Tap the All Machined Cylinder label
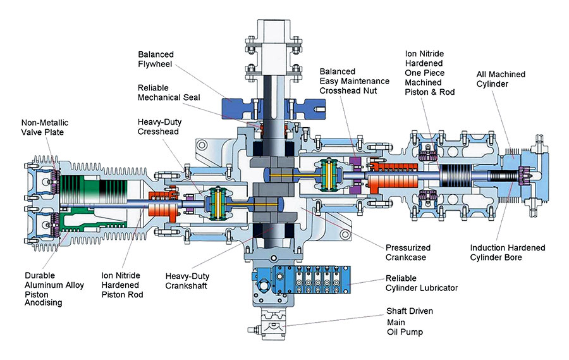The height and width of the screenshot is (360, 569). (x=500, y=79)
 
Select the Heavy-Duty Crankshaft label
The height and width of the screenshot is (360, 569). (x=188, y=281)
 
